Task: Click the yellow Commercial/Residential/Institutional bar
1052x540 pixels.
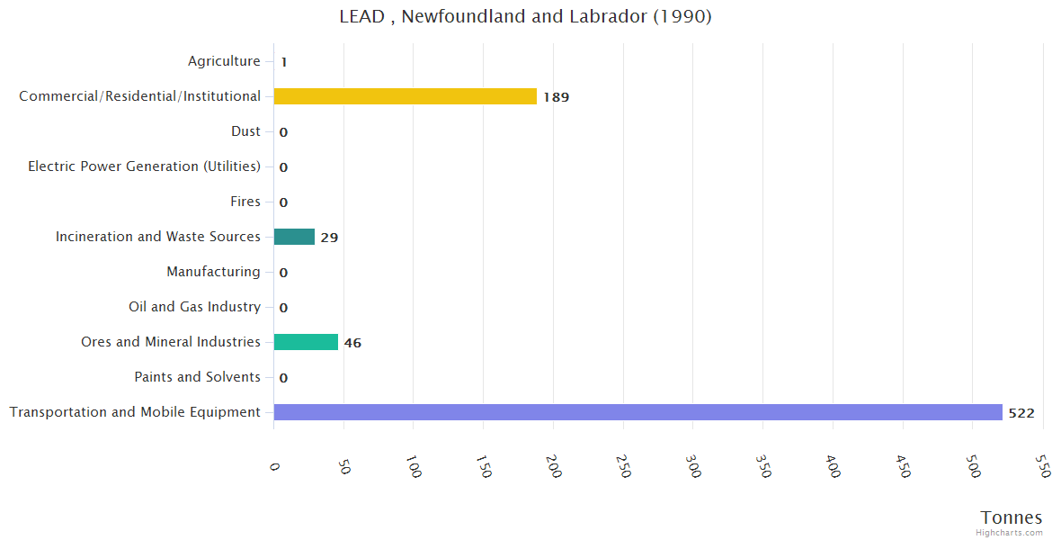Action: [405, 96]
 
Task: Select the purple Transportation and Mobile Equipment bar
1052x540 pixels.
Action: [637, 412]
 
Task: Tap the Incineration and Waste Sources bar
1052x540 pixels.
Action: [294, 237]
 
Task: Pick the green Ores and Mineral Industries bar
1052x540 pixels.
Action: [306, 342]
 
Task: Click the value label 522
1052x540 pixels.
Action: [1021, 413]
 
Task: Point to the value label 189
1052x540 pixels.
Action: [556, 97]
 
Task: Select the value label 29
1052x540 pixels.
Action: [329, 238]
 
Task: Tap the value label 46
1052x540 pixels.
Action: [352, 343]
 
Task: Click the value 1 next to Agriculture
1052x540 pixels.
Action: [283, 62]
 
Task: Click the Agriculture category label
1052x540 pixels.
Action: [224, 61]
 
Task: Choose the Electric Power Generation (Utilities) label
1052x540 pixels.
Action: [144, 166]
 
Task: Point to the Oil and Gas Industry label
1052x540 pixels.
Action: [194, 307]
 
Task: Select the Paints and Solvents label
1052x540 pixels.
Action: [197, 377]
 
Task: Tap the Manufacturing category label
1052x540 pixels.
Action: [213, 272]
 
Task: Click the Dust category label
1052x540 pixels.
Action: [245, 131]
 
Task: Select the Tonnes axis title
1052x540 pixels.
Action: [1011, 517]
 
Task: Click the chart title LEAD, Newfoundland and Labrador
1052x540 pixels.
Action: [525, 17]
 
